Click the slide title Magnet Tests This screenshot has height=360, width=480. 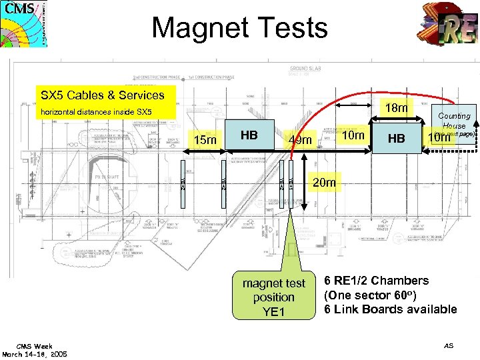point(239,28)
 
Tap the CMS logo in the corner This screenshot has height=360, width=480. point(24,23)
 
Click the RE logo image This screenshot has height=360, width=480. point(449,29)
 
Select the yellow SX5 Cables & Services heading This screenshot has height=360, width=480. point(103,95)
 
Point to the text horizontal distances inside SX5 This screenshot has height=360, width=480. point(96,112)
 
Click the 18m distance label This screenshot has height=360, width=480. point(398,108)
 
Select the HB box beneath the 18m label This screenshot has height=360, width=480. point(396,139)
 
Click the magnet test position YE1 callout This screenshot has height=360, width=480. point(273,297)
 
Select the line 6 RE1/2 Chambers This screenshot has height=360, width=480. point(377,281)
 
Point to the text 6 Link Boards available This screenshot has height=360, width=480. point(390,309)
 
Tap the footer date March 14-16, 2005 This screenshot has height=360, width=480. point(35,355)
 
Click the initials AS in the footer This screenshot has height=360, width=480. point(449,346)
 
